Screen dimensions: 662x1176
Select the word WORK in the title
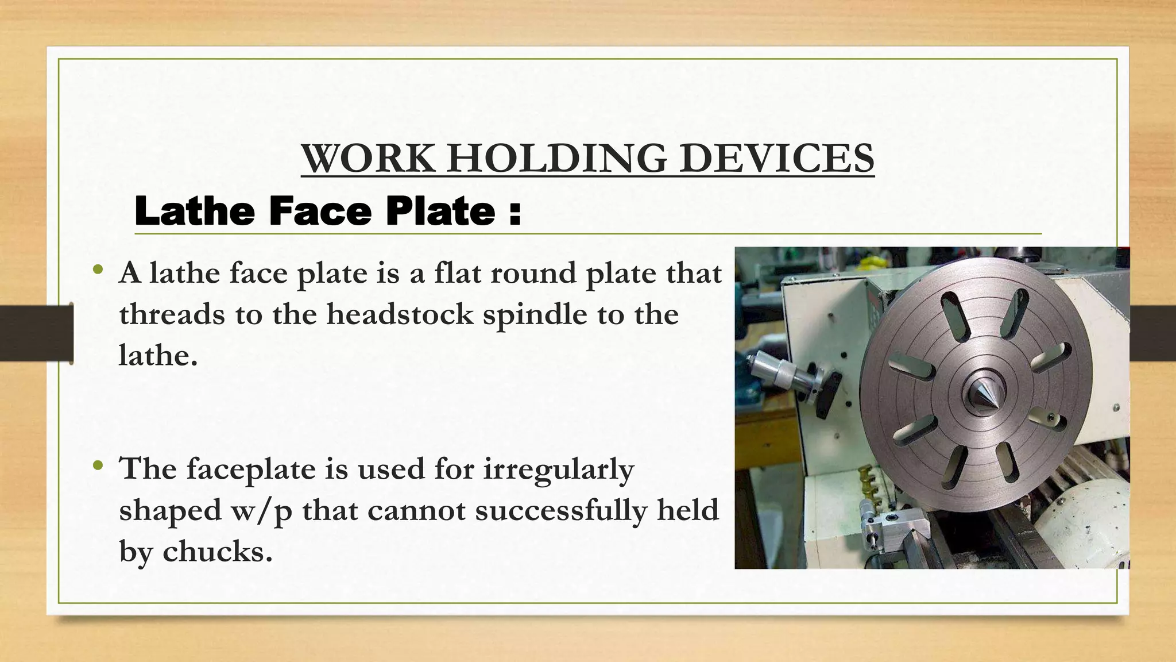point(368,158)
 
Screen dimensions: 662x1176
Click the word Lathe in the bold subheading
point(195,211)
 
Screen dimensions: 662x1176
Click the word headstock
point(400,315)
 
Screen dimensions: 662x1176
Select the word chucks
point(216,552)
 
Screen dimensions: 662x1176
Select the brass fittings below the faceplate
point(868,480)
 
